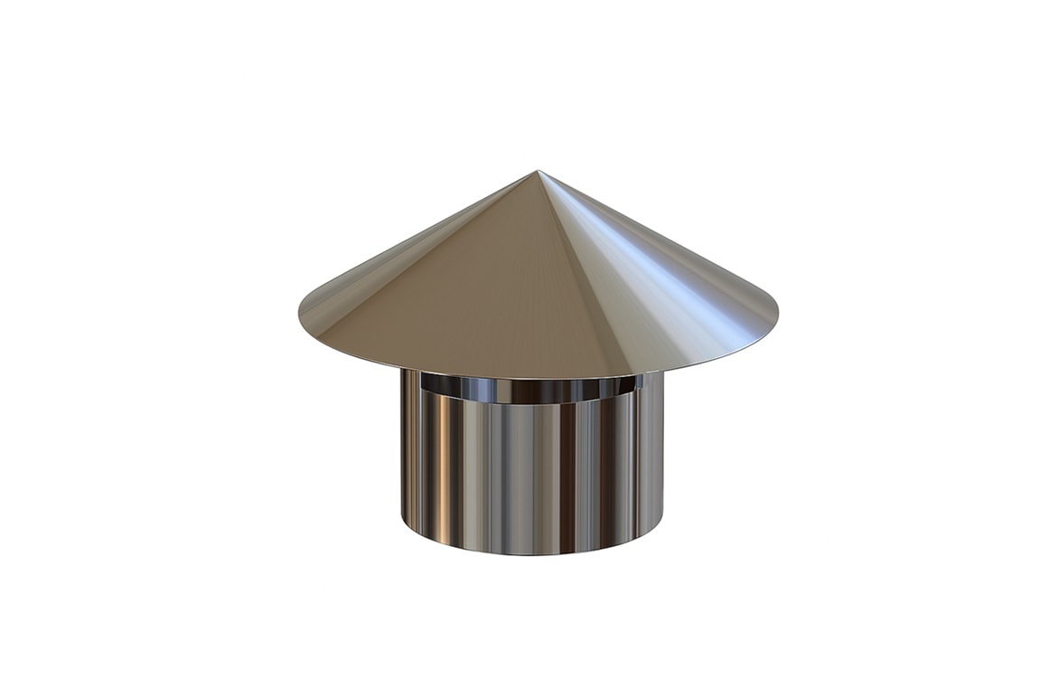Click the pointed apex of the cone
pos(538,172)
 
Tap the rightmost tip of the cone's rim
pos(776,316)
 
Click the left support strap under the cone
pos(411,383)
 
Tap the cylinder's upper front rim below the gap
pos(533,403)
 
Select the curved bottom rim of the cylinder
pos(533,551)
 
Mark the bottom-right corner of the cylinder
pos(662,523)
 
